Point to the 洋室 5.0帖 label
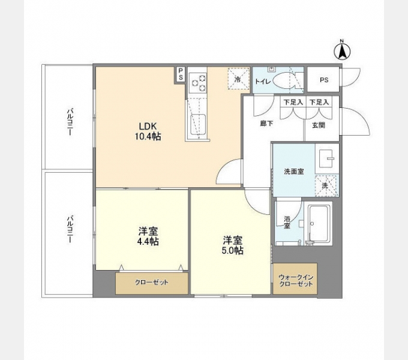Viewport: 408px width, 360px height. click(x=230, y=245)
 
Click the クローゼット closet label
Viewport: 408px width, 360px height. click(x=151, y=282)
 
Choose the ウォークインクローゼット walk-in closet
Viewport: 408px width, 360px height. click(x=295, y=280)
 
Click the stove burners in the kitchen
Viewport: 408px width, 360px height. click(x=199, y=82)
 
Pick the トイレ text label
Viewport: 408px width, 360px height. click(x=262, y=81)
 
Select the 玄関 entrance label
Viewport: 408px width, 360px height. click(x=318, y=125)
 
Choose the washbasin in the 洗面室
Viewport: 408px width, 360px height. click(x=327, y=157)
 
